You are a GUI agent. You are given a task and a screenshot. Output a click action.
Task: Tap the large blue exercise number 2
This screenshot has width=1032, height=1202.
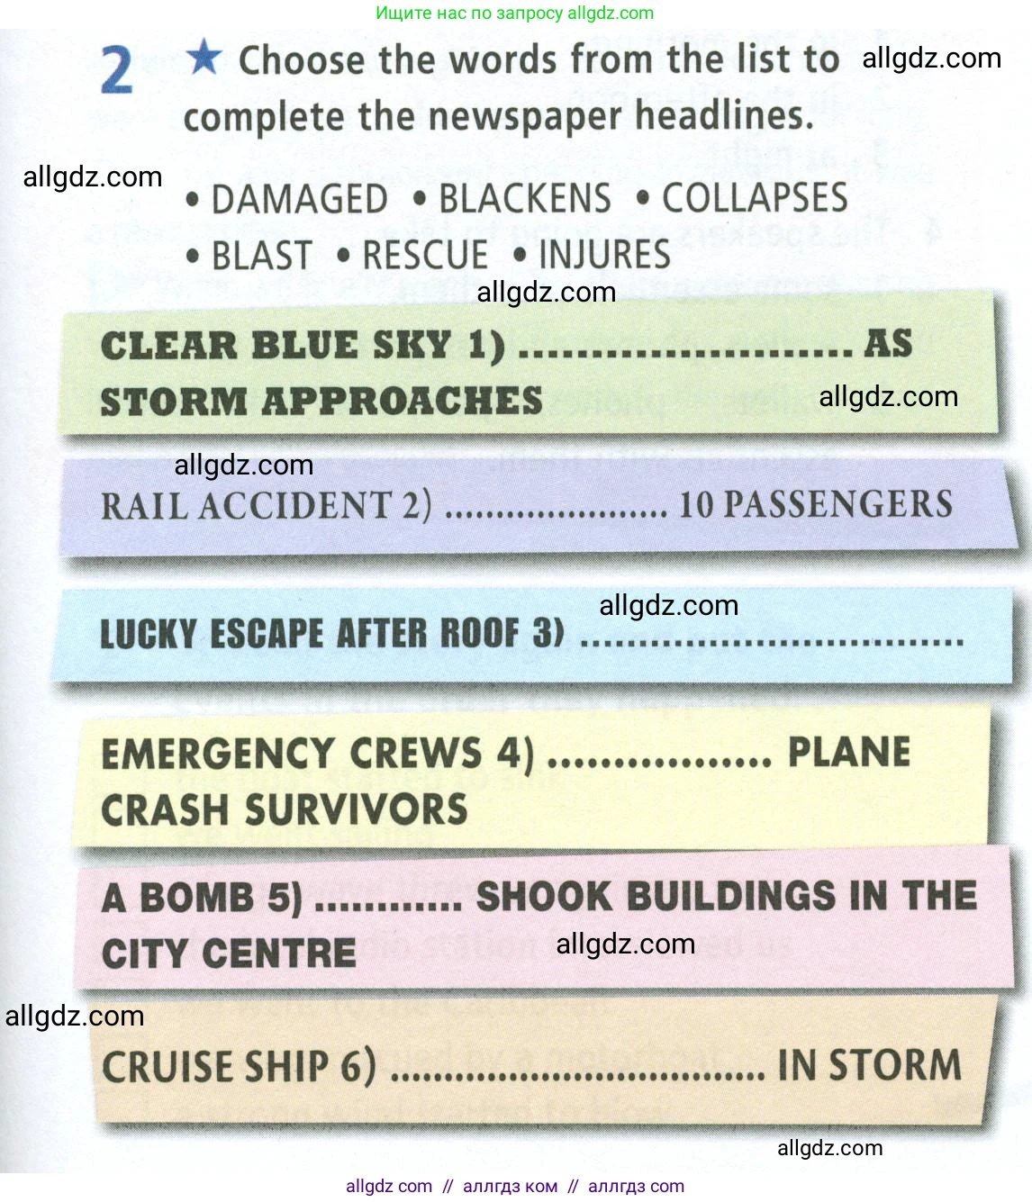click(x=117, y=70)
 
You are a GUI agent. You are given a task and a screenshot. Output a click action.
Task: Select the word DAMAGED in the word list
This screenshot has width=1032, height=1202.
click(x=299, y=199)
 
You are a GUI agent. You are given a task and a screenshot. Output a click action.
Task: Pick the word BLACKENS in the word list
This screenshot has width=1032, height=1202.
click(x=524, y=198)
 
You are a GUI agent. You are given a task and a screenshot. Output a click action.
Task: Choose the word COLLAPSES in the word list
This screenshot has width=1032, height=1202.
click(x=755, y=197)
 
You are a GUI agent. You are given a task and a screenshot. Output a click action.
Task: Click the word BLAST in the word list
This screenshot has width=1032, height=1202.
click(x=261, y=256)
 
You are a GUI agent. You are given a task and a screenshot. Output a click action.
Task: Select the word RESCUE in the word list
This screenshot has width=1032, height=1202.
click(x=424, y=255)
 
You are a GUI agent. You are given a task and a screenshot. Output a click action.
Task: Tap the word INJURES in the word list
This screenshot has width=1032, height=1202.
click(x=604, y=254)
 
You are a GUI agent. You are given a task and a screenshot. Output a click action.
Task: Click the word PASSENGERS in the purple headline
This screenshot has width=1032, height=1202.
click(x=838, y=504)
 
